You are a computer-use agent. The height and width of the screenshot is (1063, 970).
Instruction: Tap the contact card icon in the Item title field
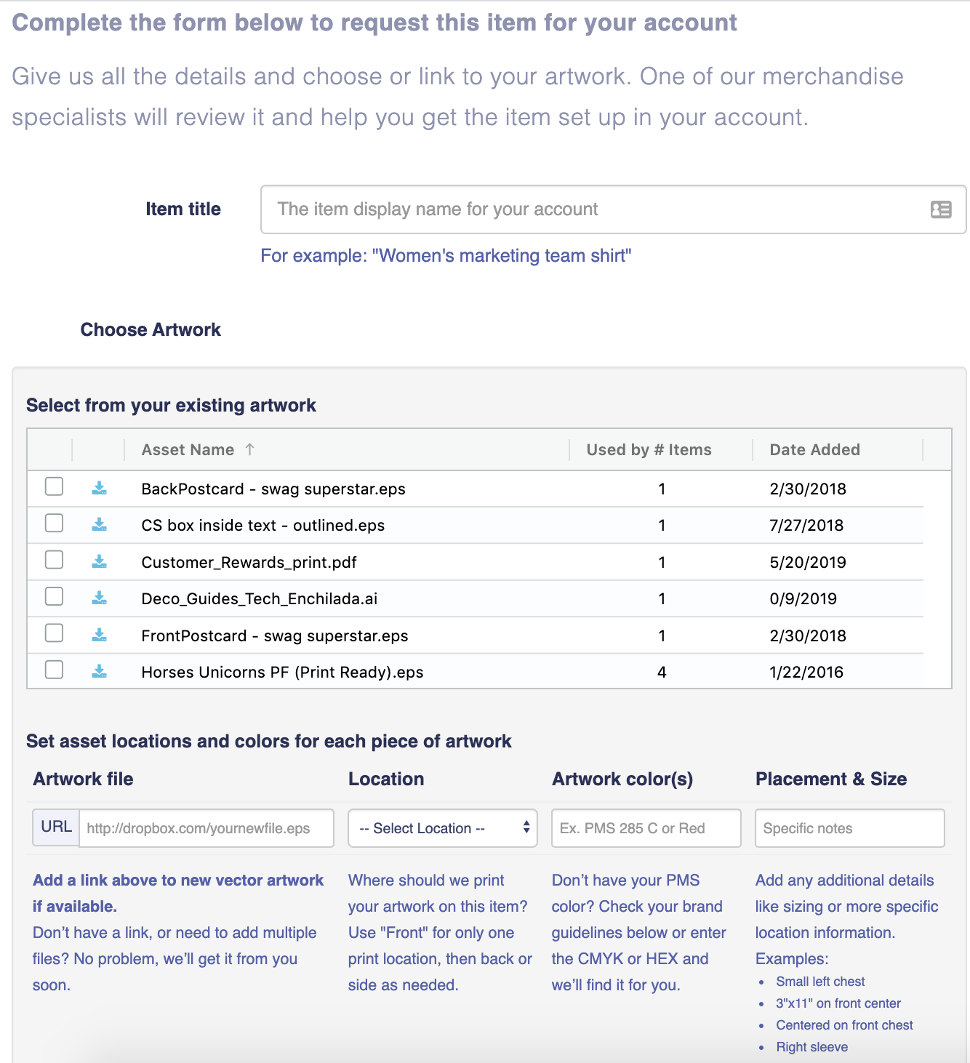pyautogui.click(x=941, y=209)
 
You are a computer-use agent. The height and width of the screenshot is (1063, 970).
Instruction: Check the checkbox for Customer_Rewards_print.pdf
pyautogui.click(x=54, y=560)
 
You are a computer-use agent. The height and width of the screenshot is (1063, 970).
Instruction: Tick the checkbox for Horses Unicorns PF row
pyautogui.click(x=54, y=670)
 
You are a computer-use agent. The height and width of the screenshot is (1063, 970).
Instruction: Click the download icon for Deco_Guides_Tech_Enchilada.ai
pyautogui.click(x=100, y=598)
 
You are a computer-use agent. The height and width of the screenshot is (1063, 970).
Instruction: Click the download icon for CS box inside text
pyautogui.click(x=100, y=524)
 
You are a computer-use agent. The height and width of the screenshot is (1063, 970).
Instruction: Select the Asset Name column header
pyautogui.click(x=188, y=450)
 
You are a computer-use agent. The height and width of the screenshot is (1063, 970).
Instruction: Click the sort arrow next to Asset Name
pyautogui.click(x=250, y=449)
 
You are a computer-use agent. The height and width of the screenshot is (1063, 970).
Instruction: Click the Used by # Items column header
pyautogui.click(x=649, y=450)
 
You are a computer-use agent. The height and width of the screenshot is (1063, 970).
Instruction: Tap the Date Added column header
pyautogui.click(x=814, y=450)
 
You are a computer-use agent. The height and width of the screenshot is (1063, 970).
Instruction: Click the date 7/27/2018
pyautogui.click(x=806, y=526)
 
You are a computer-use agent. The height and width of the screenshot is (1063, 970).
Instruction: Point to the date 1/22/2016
pyautogui.click(x=806, y=673)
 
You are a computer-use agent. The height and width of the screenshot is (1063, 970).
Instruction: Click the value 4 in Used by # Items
pyautogui.click(x=662, y=673)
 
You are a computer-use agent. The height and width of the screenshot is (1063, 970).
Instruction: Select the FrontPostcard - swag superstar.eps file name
pyautogui.click(x=275, y=636)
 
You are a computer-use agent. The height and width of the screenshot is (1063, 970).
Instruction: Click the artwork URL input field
pyautogui.click(x=206, y=828)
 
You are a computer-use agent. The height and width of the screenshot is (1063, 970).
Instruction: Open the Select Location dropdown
pyautogui.click(x=442, y=828)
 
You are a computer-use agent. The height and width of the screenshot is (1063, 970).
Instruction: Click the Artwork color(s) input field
pyautogui.click(x=646, y=828)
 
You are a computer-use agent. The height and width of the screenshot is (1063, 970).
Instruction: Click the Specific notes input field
pyautogui.click(x=849, y=828)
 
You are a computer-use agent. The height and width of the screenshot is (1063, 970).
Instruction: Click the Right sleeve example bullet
pyautogui.click(x=811, y=1047)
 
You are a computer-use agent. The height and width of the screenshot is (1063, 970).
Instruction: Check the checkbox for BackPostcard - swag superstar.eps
pyautogui.click(x=54, y=486)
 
